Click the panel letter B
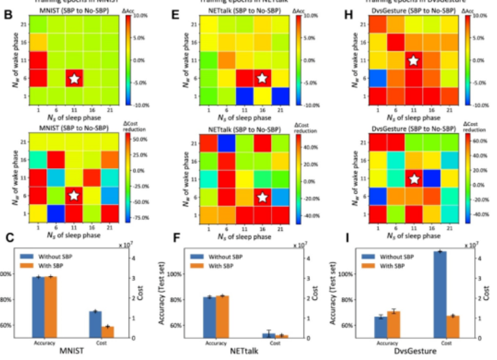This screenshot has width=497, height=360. click(9, 12)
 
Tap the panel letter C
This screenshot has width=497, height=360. click(9, 239)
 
